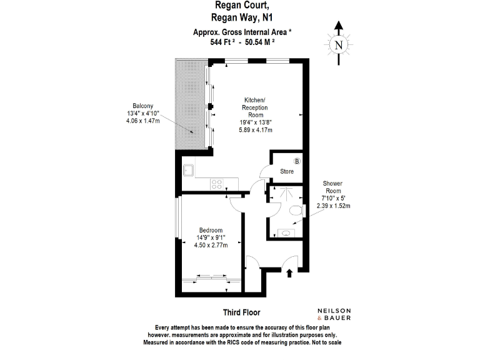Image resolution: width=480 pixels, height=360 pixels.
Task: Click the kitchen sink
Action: (x=187, y=169)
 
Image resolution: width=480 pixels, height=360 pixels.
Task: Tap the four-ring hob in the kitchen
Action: (x=217, y=184)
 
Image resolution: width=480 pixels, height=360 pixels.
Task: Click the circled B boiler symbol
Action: (x=297, y=161)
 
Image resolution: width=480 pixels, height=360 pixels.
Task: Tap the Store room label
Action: (x=286, y=171)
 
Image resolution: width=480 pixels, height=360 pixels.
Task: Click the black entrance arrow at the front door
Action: (x=289, y=272)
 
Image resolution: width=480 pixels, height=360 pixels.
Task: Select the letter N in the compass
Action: (x=338, y=45)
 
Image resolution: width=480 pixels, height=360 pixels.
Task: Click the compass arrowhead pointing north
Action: (x=338, y=26)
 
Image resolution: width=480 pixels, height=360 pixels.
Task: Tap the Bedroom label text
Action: (x=211, y=230)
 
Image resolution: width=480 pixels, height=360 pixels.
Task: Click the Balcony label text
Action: (x=142, y=106)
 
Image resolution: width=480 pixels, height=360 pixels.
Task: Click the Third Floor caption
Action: (x=241, y=312)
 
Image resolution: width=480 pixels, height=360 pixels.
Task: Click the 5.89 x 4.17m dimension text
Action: (x=254, y=130)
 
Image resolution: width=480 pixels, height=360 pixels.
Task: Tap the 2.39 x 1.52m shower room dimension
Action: (x=334, y=206)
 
